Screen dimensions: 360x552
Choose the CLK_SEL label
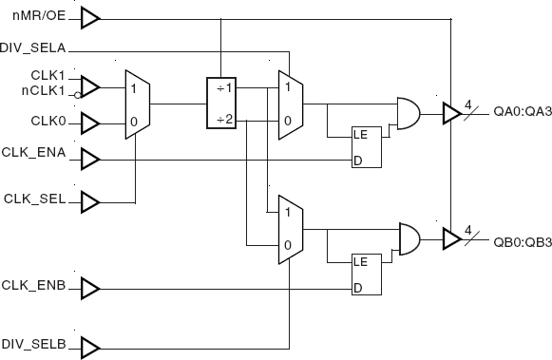click(x=35, y=199)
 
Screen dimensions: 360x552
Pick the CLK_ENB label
click(x=34, y=285)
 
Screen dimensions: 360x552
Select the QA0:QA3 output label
click(x=521, y=112)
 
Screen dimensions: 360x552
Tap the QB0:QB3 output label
click(x=521, y=241)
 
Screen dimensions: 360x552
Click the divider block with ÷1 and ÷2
click(x=221, y=103)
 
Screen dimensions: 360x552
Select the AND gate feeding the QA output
click(x=409, y=113)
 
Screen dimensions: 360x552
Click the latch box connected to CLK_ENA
click(x=366, y=146)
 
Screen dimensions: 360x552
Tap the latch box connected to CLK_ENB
click(x=366, y=275)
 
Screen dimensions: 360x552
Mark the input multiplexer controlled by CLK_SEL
click(x=137, y=104)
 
